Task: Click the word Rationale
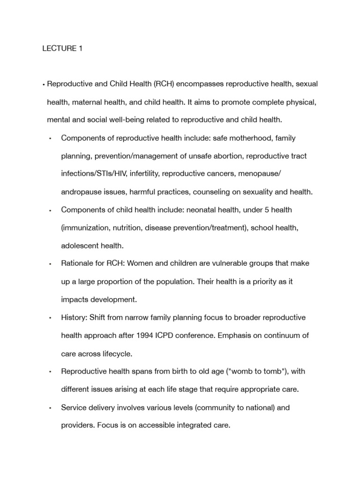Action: coord(78,263)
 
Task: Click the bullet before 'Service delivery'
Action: coord(50,408)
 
